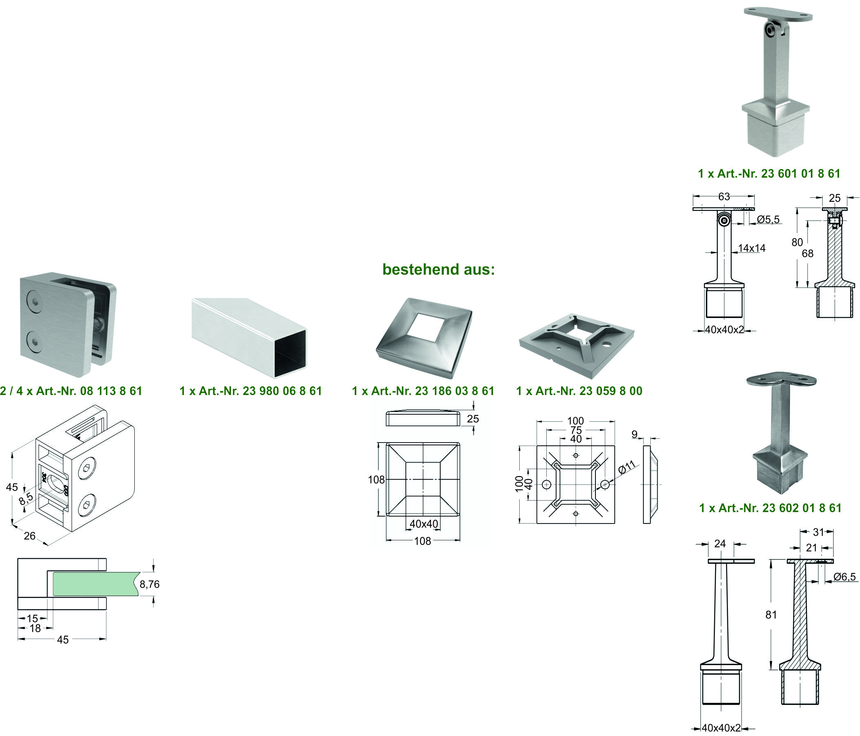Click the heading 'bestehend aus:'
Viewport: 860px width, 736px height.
click(438, 269)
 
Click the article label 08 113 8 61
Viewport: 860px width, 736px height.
click(71, 391)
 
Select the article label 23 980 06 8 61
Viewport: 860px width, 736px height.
click(251, 391)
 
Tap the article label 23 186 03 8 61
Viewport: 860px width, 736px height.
click(423, 391)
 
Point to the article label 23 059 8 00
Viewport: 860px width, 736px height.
click(579, 391)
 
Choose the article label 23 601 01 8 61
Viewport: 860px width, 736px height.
click(769, 174)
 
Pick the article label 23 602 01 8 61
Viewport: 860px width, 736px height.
click(770, 508)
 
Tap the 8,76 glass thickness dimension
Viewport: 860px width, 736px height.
click(149, 584)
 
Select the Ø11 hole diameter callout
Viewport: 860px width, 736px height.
click(627, 467)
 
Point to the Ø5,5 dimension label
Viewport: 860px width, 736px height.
click(768, 219)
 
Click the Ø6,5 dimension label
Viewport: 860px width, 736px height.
click(844, 577)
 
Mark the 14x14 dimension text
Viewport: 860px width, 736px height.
click(751, 248)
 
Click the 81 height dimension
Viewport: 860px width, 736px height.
click(771, 615)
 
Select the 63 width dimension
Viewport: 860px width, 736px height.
click(724, 196)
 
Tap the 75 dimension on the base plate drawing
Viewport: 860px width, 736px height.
click(576, 430)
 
